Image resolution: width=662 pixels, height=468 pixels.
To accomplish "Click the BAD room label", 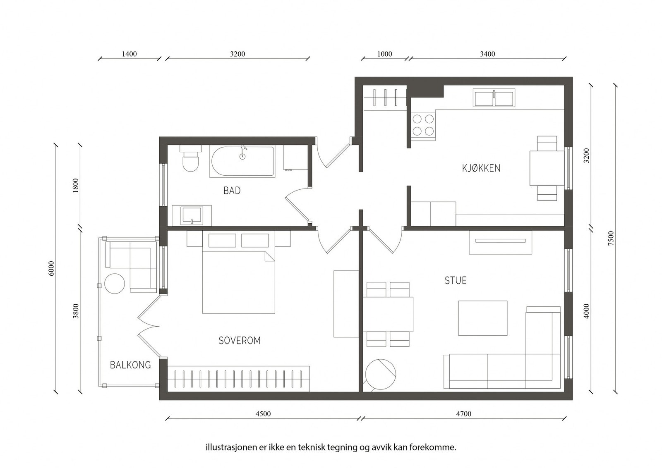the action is click(232, 191).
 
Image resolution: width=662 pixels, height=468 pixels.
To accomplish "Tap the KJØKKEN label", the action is click(481, 168).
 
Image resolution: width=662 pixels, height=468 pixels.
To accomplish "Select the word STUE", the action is click(456, 280).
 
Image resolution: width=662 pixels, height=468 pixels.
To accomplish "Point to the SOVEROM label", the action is click(240, 341).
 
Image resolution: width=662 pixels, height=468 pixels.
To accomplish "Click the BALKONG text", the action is click(130, 365).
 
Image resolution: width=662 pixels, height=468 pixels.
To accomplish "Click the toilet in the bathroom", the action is click(190, 158).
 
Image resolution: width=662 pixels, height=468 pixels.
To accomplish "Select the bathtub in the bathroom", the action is click(242, 161).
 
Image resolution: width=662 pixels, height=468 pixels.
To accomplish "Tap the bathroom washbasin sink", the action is click(192, 215).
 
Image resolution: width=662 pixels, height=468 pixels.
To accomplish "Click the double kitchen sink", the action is click(494, 98).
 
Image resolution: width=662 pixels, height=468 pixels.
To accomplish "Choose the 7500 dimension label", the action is click(611, 238).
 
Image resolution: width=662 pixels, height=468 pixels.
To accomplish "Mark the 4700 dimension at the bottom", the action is click(464, 414).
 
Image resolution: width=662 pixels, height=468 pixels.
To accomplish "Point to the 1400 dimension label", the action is click(129, 54).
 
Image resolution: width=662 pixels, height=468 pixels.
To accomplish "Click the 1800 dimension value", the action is click(76, 186).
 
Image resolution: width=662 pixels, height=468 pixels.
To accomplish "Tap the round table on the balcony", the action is click(115, 284).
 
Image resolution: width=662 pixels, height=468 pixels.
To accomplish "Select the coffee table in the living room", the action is click(482, 318).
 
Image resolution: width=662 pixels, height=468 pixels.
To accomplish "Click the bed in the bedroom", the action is click(238, 282).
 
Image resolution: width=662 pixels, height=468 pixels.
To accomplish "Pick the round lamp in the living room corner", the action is click(380, 375).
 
